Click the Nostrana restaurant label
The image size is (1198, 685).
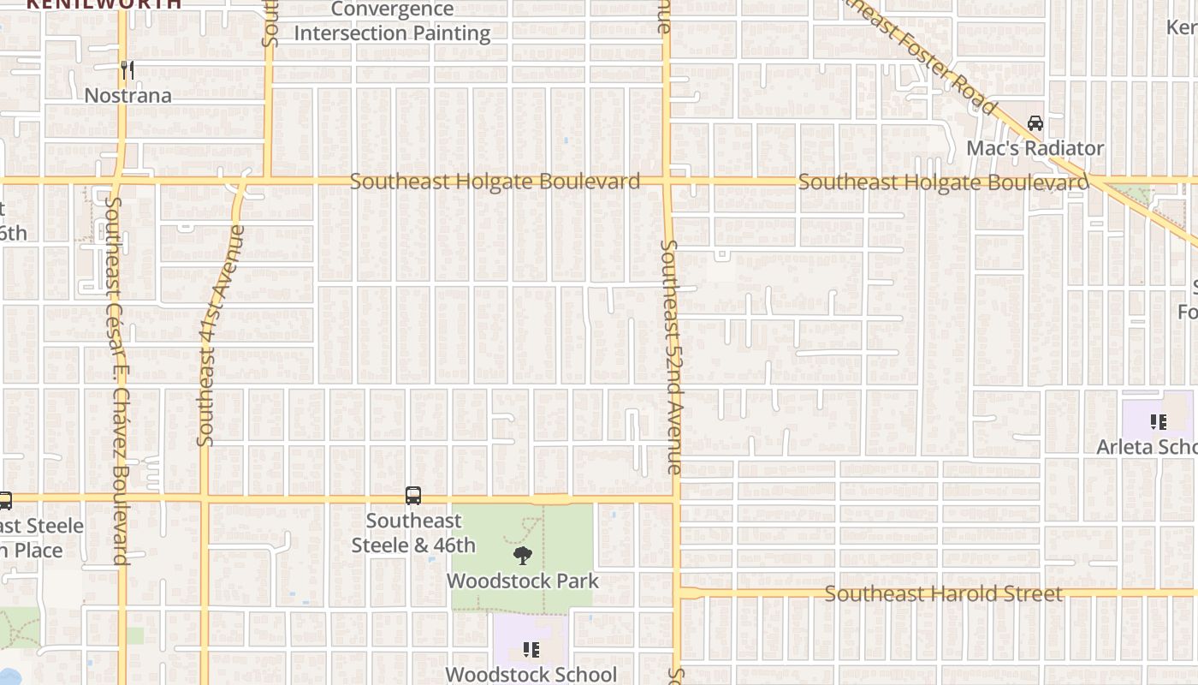(128, 95)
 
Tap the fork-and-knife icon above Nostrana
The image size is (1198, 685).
(128, 69)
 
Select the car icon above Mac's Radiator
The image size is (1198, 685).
(1035, 123)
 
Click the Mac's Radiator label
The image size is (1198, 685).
(1035, 148)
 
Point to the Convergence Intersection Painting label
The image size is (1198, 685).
(392, 21)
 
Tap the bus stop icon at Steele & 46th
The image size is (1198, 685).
(413, 496)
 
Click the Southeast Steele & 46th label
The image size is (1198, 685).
(413, 533)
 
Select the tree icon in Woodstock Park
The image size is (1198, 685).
(522, 556)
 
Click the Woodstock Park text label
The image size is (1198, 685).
(522, 581)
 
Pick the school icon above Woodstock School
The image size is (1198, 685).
(531, 650)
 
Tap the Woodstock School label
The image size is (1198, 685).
(531, 674)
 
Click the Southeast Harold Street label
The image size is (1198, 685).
(944, 593)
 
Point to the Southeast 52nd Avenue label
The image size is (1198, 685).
(672, 356)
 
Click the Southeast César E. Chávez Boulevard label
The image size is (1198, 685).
(117, 381)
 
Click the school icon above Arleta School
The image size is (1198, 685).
(1158, 421)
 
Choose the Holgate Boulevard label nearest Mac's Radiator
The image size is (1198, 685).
(943, 182)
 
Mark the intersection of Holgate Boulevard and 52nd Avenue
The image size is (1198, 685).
(667, 182)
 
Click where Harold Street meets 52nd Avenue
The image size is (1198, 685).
(678, 593)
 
